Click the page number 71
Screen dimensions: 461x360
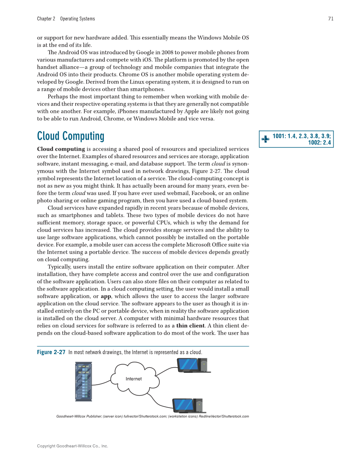(x=330, y=19)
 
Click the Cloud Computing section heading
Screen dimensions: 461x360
(x=70, y=136)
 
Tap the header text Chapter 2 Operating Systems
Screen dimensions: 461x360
(x=66, y=19)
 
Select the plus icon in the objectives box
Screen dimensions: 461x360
(x=265, y=139)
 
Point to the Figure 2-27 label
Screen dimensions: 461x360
(x=51, y=352)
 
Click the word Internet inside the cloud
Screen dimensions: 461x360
(x=134, y=379)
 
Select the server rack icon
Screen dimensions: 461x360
(x=84, y=382)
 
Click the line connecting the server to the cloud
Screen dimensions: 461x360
(x=101, y=383)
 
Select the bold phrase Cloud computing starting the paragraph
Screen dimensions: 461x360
(x=61, y=149)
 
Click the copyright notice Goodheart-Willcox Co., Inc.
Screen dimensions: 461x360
(x=73, y=446)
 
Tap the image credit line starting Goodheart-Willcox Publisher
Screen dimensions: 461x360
(x=152, y=416)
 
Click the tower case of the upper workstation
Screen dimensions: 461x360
(x=204, y=365)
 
